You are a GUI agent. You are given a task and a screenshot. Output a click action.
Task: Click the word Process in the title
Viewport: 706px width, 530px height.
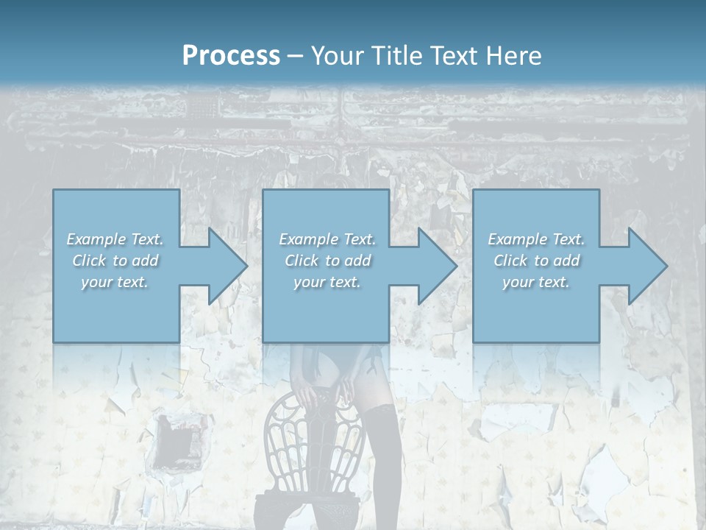(231, 56)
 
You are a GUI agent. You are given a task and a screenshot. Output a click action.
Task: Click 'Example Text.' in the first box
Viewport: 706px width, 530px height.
(115, 239)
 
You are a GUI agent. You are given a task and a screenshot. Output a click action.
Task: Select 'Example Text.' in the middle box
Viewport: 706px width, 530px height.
(327, 239)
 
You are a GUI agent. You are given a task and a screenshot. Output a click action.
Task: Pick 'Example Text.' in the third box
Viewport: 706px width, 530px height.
(536, 239)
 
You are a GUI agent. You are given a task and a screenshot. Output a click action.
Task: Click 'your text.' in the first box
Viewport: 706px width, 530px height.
(115, 282)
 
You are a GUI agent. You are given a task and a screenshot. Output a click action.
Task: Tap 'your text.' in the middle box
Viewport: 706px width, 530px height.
(327, 282)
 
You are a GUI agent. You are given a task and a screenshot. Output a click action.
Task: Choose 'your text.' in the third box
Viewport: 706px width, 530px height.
(536, 282)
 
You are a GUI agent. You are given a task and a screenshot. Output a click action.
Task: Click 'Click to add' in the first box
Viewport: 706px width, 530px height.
(115, 261)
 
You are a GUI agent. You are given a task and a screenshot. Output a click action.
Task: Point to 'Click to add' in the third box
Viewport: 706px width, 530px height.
(536, 261)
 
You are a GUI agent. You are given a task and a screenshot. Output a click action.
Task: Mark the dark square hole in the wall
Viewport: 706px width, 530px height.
(175, 438)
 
